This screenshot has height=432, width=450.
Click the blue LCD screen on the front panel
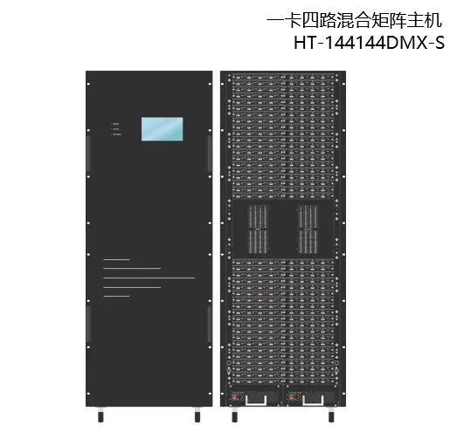[x=162, y=129]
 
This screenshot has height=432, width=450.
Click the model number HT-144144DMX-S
[x=369, y=43]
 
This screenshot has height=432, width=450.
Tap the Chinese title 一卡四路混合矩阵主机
[x=354, y=21]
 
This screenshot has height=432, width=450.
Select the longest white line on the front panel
[x=149, y=278]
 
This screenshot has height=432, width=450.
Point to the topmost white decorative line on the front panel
[x=116, y=259]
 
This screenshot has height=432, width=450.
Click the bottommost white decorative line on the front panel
[x=116, y=297]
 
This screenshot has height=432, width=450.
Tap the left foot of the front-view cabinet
[x=100, y=415]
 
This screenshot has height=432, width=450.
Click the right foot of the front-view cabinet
[x=197, y=415]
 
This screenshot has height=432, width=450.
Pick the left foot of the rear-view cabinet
[x=235, y=415]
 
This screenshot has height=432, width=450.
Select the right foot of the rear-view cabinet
[x=331, y=415]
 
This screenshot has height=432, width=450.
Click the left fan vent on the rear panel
[x=258, y=229]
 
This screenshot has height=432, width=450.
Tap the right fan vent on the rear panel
[x=308, y=229]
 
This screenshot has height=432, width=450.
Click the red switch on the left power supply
[x=234, y=396]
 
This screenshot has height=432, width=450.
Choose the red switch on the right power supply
[x=290, y=396]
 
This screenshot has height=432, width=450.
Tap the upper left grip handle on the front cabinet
[x=88, y=154]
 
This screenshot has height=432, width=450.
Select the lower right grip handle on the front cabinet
[x=210, y=324]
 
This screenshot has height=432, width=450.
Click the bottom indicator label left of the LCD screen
[x=116, y=134]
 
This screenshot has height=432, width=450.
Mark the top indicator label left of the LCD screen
[x=115, y=124]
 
